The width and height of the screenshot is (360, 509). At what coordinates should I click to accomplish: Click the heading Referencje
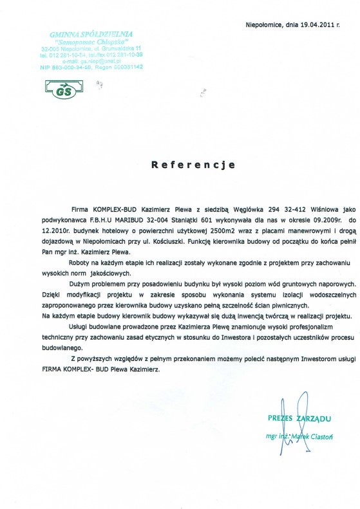(x=187, y=165)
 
